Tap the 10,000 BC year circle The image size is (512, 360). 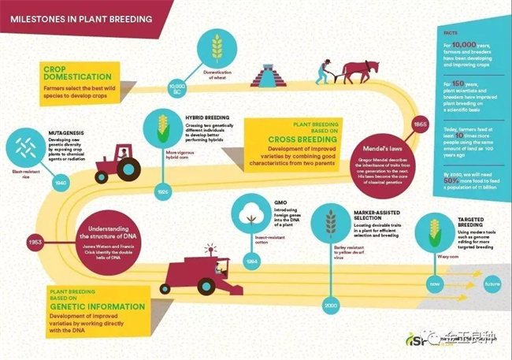click(x=177, y=87)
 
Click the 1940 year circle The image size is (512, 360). click(x=58, y=181)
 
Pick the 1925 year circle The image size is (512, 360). click(x=162, y=191)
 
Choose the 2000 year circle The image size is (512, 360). click(x=331, y=304)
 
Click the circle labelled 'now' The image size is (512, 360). click(x=436, y=283)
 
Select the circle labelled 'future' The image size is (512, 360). click(x=492, y=283)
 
